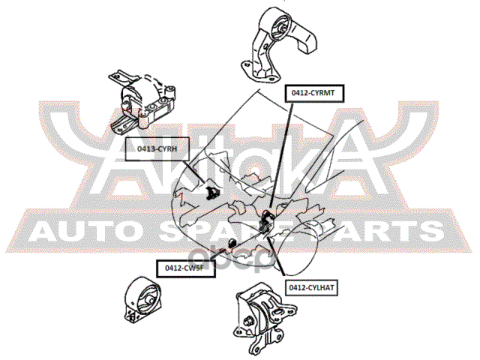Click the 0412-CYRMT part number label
(313, 93)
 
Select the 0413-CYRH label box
(157, 149)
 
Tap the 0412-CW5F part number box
(185, 267)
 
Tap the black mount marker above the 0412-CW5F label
(233, 242)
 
